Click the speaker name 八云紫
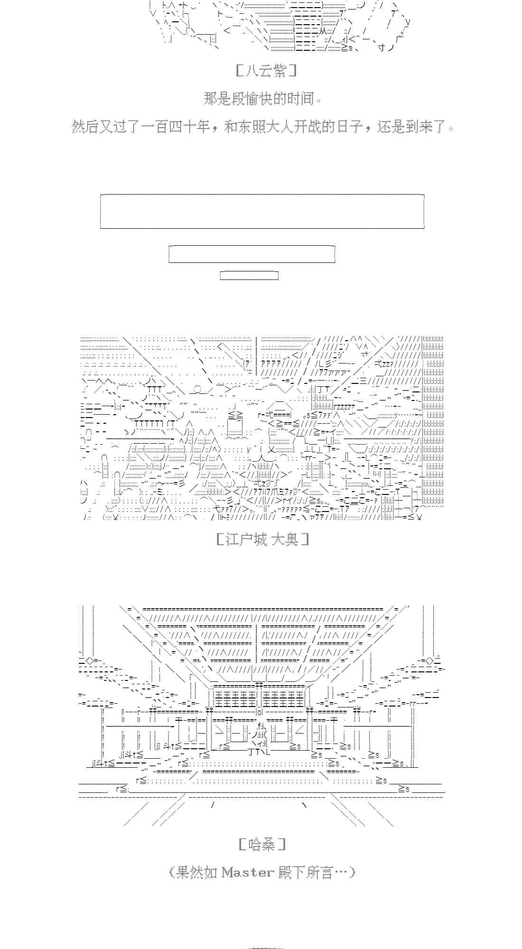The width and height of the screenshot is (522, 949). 266,71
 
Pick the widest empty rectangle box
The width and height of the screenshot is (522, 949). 262,211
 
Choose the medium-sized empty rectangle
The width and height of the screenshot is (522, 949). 252,254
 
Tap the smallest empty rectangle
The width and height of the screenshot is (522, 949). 249,275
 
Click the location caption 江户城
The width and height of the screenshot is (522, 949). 246,539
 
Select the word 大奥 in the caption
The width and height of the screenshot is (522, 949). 285,539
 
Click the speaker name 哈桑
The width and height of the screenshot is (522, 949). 261,844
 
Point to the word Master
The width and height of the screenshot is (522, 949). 248,872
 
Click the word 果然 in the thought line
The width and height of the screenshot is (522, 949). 189,872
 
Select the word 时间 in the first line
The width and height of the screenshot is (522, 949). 301,99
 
